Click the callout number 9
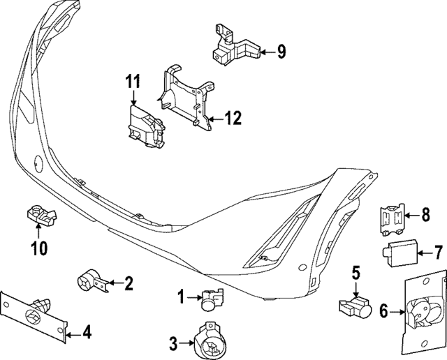[x=281, y=50]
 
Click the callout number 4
[x=86, y=333]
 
